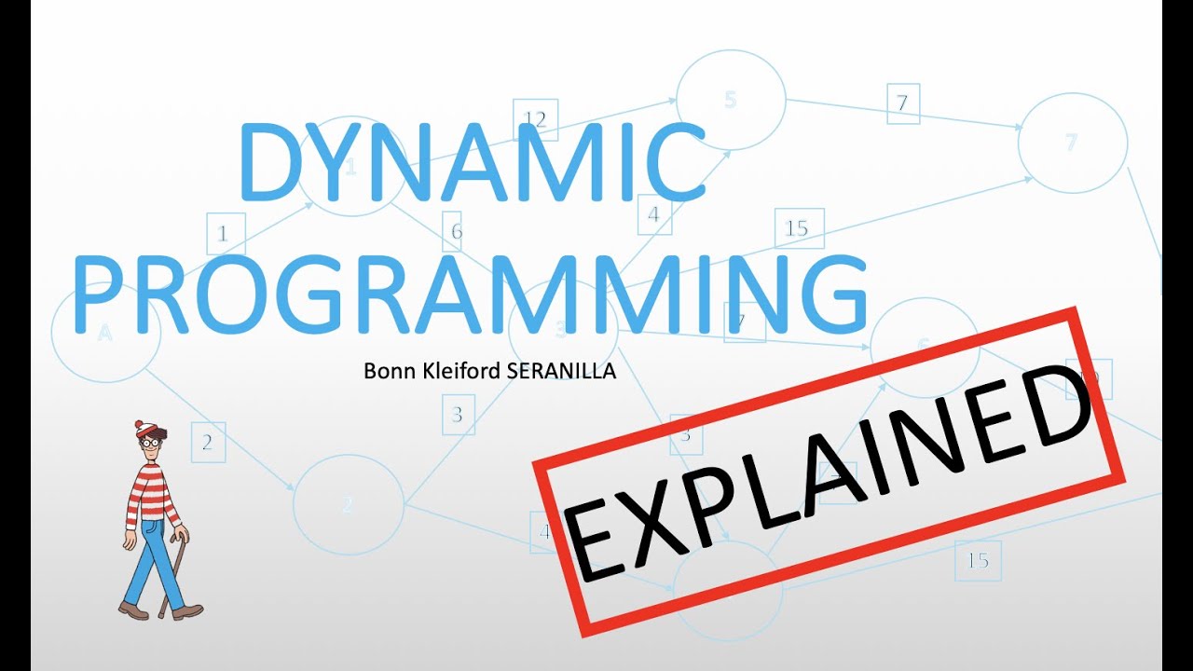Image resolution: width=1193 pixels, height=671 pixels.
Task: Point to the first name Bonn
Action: (384, 371)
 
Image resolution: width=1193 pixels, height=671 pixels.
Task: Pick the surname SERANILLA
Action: (561, 371)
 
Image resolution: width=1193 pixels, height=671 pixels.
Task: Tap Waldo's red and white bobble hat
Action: (147, 431)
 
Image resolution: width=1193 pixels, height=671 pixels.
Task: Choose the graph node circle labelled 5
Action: (731, 100)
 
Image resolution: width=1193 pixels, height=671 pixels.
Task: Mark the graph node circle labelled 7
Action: (1072, 143)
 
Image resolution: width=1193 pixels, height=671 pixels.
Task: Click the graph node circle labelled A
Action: (105, 331)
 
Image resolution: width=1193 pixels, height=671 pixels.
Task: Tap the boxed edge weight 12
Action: (535, 119)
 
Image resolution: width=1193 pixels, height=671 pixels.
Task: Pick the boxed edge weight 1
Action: (223, 234)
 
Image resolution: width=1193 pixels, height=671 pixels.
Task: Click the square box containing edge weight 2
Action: (208, 443)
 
